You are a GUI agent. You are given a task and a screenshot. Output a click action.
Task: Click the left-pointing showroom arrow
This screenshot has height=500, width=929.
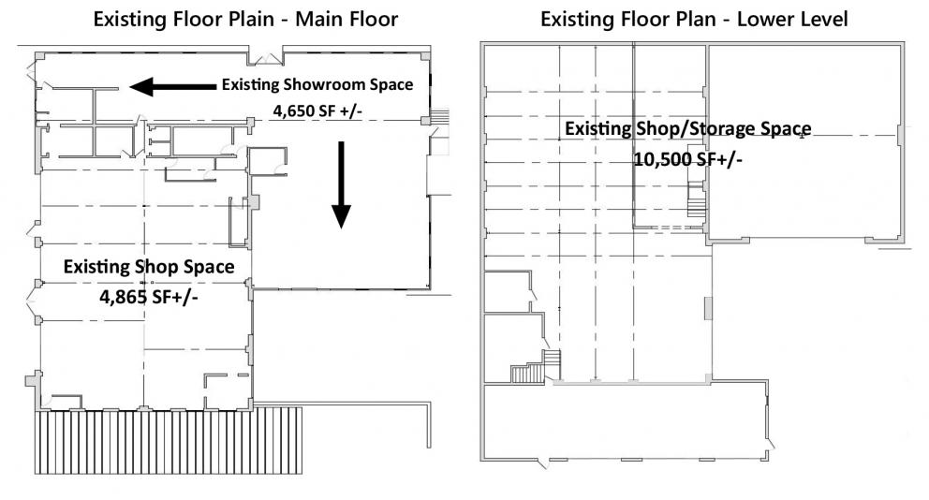click(172, 86)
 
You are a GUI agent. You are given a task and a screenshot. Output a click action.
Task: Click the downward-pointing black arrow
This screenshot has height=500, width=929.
click(341, 184)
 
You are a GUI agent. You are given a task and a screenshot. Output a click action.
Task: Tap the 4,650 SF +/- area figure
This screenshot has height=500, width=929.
click(317, 110)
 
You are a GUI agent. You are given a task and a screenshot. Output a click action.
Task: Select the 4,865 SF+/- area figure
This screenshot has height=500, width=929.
click(149, 296)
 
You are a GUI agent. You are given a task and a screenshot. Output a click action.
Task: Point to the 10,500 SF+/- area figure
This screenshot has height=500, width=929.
click(688, 159)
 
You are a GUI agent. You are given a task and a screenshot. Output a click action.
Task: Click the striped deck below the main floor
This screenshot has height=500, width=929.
click(169, 440)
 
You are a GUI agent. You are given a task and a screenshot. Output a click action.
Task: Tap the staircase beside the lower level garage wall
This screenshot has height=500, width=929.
click(698, 199)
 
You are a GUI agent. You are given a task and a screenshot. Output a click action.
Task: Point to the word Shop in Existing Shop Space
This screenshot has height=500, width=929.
click(155, 267)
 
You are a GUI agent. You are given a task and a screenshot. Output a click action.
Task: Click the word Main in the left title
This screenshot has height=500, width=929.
click(320, 19)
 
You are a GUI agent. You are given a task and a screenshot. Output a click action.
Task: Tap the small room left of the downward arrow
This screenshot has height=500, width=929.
click(267, 161)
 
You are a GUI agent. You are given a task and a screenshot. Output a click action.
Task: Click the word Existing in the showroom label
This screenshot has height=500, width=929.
click(250, 84)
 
